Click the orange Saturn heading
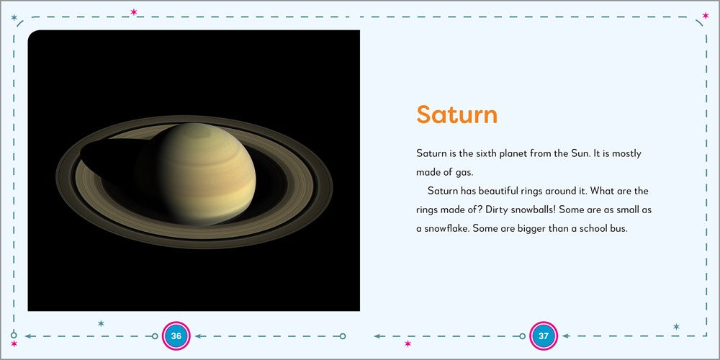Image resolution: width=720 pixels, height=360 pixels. (457, 115)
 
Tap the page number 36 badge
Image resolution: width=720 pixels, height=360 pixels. (176, 336)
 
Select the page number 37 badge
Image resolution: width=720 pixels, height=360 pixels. (544, 336)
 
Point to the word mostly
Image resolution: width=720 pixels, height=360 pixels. (626, 154)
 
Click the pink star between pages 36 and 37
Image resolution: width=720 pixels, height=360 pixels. (408, 344)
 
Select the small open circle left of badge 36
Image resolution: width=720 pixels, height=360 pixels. (154, 336)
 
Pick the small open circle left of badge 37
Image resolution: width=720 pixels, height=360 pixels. (523, 336)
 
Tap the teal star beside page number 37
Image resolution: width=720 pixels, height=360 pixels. (675, 327)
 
